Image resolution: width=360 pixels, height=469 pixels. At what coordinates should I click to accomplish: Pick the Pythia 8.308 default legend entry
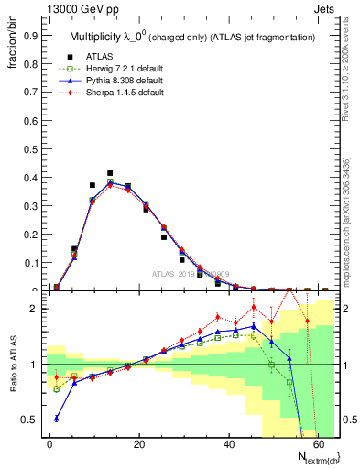point(119,81)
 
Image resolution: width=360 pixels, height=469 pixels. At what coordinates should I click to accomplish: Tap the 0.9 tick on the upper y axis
point(30,36)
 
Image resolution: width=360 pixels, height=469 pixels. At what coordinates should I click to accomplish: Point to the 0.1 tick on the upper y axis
point(30,263)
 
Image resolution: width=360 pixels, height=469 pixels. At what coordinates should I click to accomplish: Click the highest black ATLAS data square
point(110,173)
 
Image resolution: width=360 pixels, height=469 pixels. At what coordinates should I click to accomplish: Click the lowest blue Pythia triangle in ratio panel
point(57,419)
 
